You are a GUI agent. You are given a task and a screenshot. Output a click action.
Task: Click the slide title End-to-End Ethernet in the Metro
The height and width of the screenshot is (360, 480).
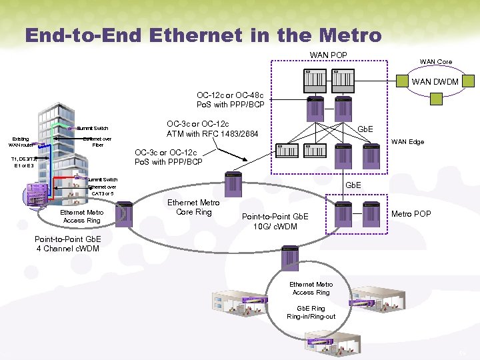pos(203,34)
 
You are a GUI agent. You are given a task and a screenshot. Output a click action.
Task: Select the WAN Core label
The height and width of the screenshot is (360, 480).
pos(435,62)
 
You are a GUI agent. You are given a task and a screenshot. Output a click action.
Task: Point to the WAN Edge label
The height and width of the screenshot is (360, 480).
pos(407,141)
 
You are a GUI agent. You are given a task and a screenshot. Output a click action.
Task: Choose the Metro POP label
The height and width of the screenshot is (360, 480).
pos(411,214)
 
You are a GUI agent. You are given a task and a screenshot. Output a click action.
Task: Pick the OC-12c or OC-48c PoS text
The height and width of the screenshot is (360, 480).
pos(230,100)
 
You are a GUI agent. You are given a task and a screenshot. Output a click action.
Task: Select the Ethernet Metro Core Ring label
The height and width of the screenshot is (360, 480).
pos(193,207)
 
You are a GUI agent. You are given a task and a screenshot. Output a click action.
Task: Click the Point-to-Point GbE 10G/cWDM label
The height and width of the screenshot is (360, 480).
pos(275,221)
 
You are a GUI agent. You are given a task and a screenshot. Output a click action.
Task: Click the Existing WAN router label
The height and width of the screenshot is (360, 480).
pos(20,141)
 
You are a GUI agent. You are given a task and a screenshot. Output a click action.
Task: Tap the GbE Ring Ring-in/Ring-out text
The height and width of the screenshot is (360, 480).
pos(311,313)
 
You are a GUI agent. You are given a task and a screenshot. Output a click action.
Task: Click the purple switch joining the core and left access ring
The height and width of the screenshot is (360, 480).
pos(124,215)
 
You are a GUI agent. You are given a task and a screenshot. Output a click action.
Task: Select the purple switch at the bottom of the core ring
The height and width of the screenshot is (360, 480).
pos(290,255)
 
